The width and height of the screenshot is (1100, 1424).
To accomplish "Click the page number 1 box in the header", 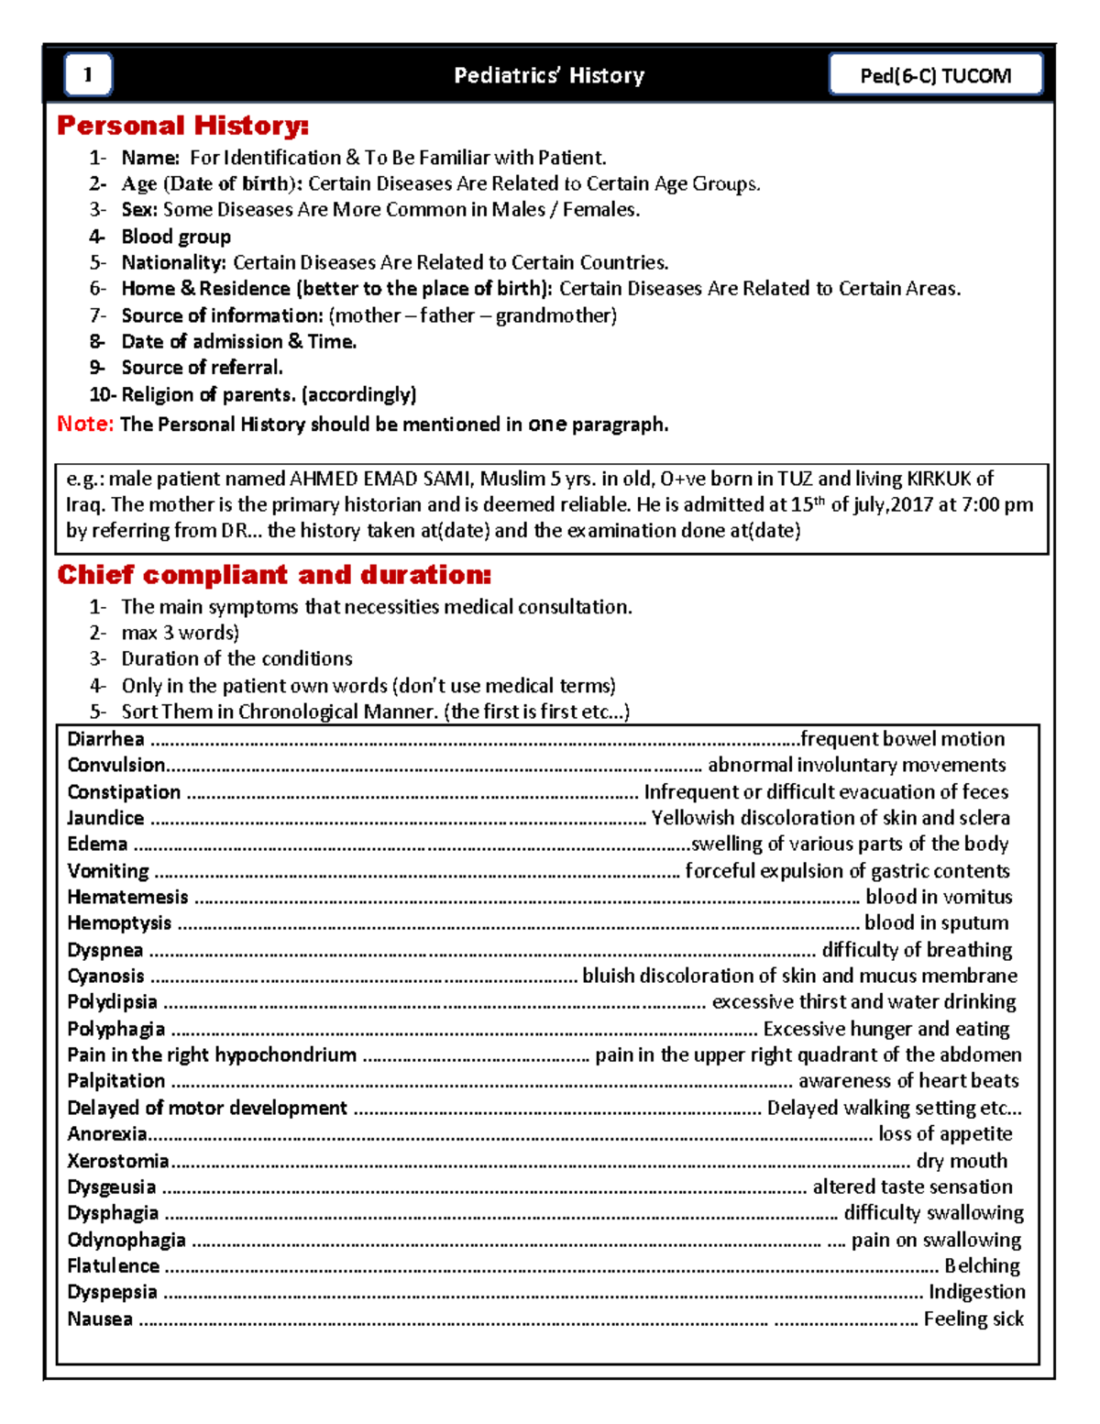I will point(88,75).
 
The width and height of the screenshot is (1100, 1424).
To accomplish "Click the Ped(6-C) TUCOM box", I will point(935,75).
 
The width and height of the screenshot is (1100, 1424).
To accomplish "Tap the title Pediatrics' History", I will point(549,75).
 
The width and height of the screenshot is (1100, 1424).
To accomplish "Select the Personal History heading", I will point(182,126).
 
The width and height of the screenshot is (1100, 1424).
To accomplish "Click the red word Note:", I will point(85,424).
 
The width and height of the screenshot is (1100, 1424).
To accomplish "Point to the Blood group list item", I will point(176,237).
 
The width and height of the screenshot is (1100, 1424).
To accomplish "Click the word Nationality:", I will point(173,262).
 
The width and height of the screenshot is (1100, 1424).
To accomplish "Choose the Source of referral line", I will point(202,368).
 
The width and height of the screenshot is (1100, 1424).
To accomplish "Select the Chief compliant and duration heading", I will point(274,575).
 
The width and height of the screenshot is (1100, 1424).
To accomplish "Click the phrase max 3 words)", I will point(180,633).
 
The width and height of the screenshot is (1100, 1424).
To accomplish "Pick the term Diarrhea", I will point(105,739).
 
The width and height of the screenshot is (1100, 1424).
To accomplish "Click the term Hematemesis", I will point(127,897).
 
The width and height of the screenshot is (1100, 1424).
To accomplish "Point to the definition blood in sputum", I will point(936,922).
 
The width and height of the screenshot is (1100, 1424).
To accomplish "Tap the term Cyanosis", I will point(105,976).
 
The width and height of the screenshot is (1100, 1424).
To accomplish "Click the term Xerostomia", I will point(117,1161).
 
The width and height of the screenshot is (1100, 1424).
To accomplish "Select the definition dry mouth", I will point(962,1161).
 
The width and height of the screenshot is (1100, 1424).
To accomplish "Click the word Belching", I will point(982,1266).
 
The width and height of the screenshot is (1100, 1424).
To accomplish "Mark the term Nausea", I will point(100,1319).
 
